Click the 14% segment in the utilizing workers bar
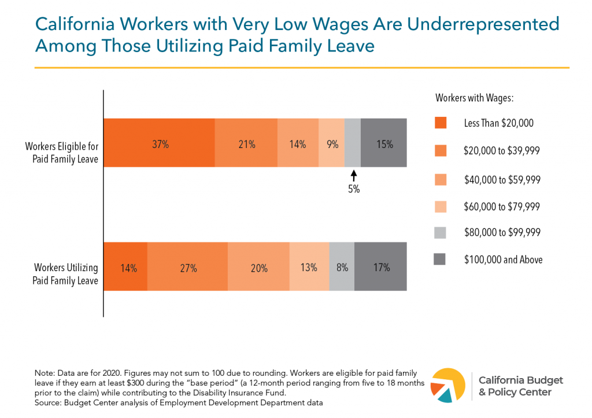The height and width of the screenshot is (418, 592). (125, 267)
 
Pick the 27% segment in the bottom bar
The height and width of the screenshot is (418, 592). (188, 267)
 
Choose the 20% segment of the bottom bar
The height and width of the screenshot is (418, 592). (258, 267)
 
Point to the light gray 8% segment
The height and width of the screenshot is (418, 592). (342, 267)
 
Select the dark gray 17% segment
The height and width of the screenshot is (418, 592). (381, 267)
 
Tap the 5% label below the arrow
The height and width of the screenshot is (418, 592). (354, 189)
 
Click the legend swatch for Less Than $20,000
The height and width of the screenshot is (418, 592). (441, 123)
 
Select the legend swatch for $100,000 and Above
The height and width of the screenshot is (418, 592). (441, 260)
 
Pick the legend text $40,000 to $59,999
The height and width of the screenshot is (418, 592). (502, 179)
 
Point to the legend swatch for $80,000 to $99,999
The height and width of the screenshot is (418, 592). (441, 232)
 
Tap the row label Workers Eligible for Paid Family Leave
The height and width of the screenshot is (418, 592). (61, 152)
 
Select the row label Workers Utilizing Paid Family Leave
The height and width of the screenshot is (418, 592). (65, 275)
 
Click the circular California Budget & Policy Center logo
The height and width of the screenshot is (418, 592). (449, 384)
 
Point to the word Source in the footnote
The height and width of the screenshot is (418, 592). (48, 401)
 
